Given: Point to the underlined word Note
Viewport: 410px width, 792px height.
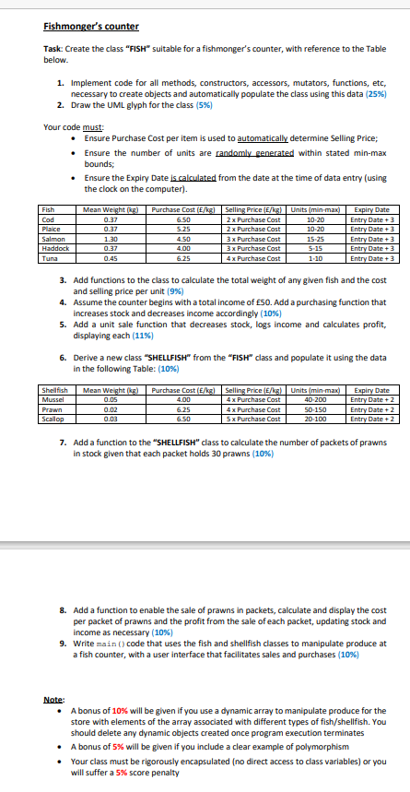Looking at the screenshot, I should click(x=54, y=699).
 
